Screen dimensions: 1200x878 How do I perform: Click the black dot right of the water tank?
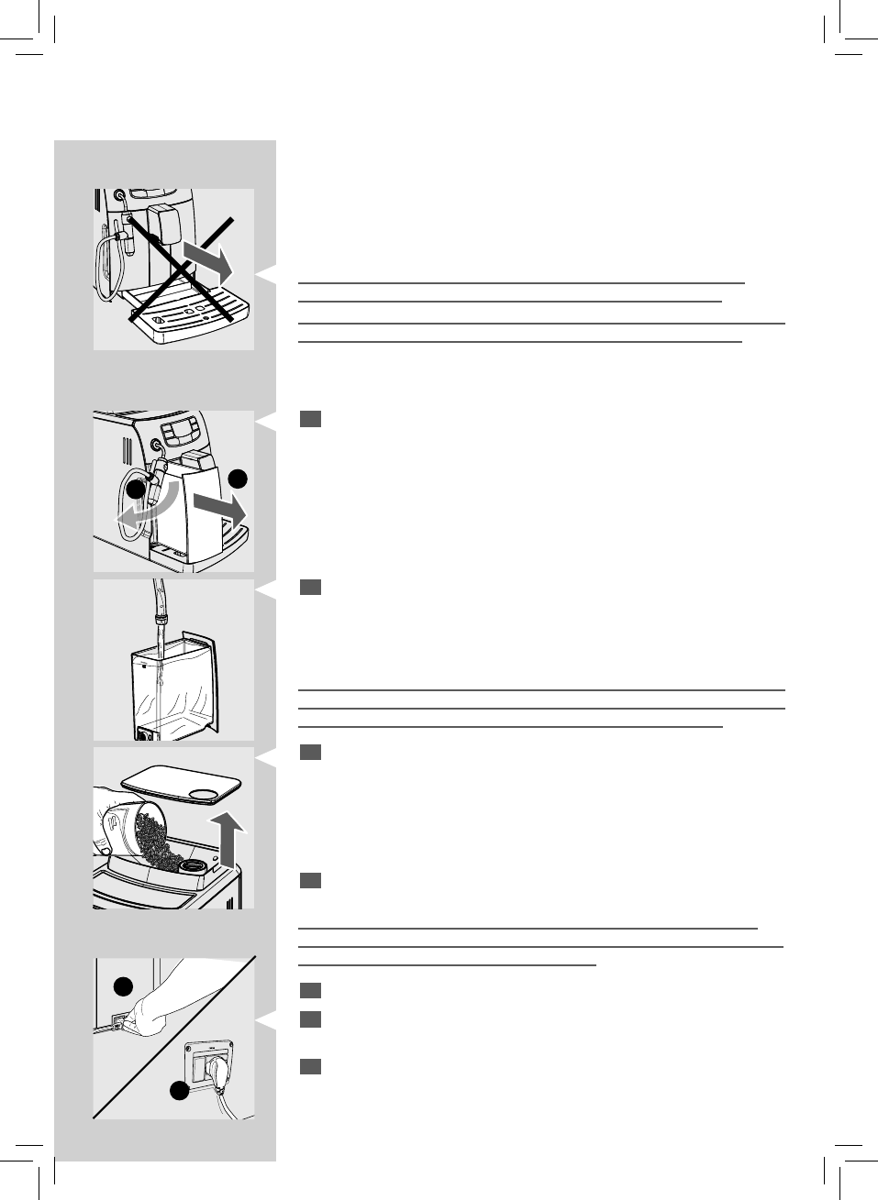[x=239, y=478]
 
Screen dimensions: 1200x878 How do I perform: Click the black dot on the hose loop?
[x=136, y=490]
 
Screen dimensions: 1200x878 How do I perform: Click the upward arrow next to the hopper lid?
[x=234, y=840]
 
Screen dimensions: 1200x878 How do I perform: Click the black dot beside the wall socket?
[x=178, y=1091]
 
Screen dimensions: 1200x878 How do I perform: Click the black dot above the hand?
[x=123, y=985]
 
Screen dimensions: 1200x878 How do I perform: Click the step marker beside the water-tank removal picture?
[x=310, y=419]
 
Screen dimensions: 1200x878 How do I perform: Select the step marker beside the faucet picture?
[x=310, y=588]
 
